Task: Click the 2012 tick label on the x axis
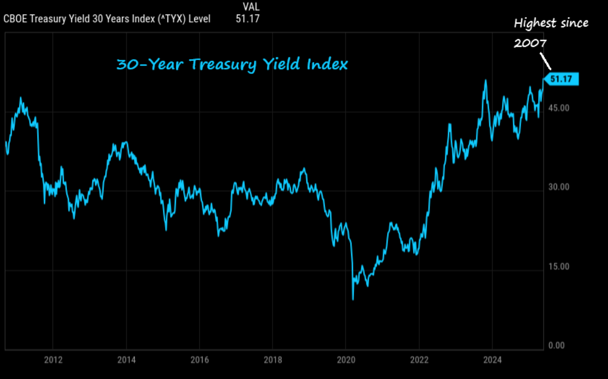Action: [x=53, y=360]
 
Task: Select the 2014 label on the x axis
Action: [x=126, y=360]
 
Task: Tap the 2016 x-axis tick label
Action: [x=199, y=360]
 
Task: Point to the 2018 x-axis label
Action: [x=272, y=360]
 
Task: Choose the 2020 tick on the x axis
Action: [x=345, y=360]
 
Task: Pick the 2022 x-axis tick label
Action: [x=418, y=360]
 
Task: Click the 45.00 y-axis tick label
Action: [x=558, y=108]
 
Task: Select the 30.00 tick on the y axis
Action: [x=558, y=187]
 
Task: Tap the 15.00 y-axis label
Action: [x=558, y=266]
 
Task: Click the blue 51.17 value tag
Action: [x=561, y=79]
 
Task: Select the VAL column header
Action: [x=251, y=7]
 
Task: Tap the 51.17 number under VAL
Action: [x=248, y=19]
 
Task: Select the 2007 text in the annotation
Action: [x=530, y=43]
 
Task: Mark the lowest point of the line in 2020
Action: [x=353, y=299]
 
